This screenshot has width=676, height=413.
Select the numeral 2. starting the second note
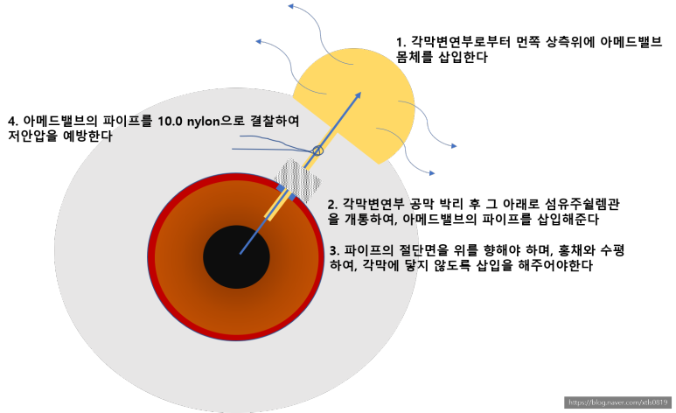click(332, 205)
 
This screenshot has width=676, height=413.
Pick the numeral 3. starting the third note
click(334, 250)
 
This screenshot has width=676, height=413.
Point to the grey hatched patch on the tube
click(298, 178)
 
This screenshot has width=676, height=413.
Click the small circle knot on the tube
click(317, 150)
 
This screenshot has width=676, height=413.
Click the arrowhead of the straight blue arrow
click(359, 95)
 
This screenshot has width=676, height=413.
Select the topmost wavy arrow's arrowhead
click(290, 6)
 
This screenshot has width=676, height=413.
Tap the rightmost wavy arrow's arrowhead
click(453, 146)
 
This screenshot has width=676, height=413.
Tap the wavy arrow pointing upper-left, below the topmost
click(257, 40)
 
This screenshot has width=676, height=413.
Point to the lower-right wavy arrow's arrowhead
click(431, 173)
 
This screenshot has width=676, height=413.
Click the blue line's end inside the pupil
click(240, 253)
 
